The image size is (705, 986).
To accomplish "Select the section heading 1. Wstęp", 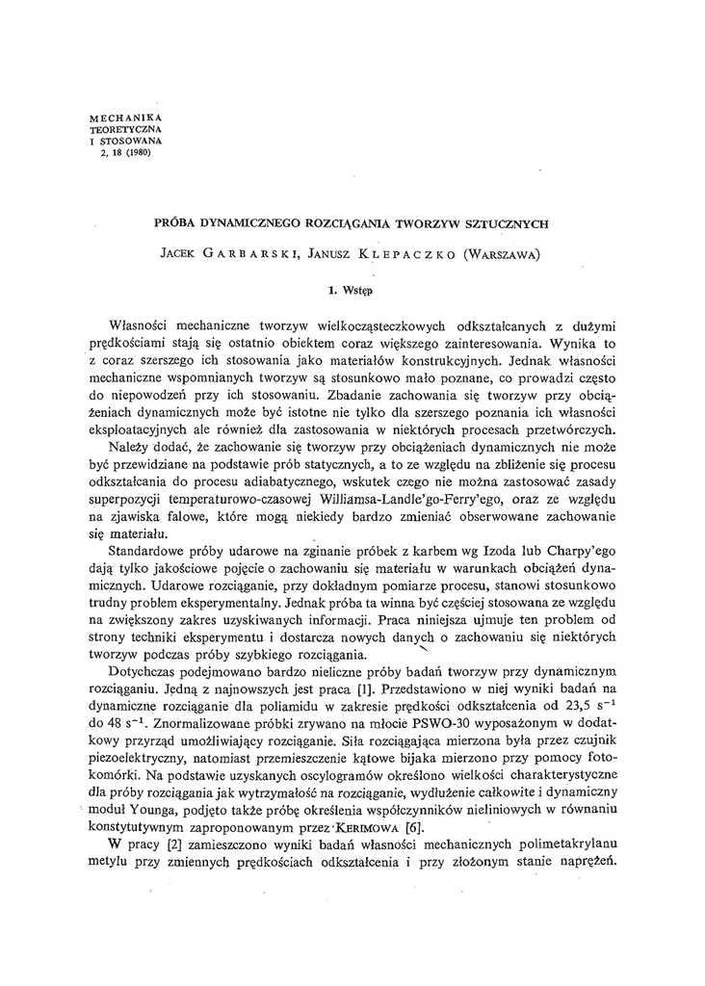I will pos(352,287).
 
